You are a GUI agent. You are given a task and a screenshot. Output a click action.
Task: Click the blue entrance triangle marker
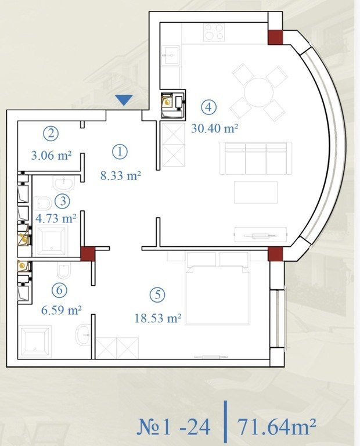click(124, 100)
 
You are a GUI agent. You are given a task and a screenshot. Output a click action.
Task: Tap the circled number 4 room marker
click(208, 107)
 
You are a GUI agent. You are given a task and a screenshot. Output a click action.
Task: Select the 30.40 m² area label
click(214, 128)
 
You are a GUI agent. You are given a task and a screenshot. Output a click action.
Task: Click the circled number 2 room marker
click(51, 133)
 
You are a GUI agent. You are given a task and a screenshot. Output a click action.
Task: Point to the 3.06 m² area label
click(51, 155)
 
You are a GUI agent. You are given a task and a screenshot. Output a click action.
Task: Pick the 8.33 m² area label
click(121, 175)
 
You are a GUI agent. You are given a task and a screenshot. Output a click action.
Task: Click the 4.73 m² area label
click(56, 218)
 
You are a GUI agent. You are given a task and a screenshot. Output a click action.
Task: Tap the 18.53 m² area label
click(158, 318)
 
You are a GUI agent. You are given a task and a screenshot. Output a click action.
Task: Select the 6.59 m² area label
click(62, 310)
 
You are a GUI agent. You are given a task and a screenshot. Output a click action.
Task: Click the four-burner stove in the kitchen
click(214, 32)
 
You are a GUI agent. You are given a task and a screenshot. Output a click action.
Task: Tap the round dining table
click(259, 92)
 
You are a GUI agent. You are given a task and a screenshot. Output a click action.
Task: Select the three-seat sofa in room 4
click(255, 158)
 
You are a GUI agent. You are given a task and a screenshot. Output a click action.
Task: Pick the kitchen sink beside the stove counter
click(171, 56)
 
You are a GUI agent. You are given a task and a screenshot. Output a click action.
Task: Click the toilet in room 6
click(63, 269)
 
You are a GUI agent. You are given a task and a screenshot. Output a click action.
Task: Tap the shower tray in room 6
click(35, 341)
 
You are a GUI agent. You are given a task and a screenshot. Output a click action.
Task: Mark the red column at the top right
click(276, 37)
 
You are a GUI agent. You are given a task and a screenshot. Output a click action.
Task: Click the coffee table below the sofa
click(256, 193)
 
